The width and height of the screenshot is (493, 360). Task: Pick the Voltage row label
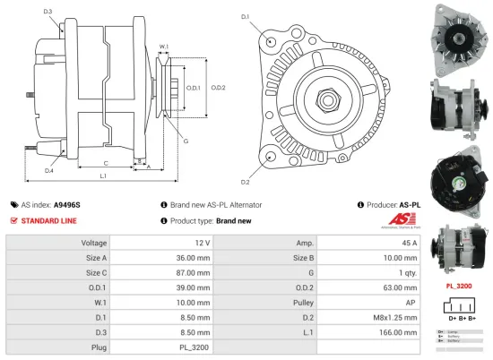94,243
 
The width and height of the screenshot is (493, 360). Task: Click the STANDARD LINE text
48,220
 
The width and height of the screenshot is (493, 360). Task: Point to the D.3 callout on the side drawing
48,11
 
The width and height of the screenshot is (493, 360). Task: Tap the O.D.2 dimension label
218,87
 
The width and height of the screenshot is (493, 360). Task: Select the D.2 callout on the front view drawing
245,158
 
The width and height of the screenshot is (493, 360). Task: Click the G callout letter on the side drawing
185,141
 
